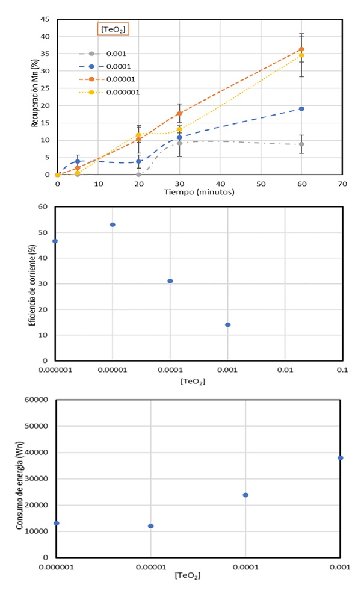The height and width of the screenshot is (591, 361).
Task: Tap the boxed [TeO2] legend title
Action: click(114, 28)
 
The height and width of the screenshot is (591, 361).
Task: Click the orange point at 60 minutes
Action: click(301, 49)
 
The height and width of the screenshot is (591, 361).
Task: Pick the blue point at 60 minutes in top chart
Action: click(301, 109)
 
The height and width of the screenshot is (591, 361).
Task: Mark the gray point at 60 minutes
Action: click(301, 144)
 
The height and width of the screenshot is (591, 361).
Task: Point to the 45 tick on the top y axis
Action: click(45, 19)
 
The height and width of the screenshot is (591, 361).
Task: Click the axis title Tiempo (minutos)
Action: click(199, 192)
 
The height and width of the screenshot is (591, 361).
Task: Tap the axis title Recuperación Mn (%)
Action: click(35, 97)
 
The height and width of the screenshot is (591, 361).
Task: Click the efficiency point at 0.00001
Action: click(113, 224)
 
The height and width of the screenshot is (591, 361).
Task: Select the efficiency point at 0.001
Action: click(227, 325)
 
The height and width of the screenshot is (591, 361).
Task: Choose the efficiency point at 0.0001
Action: click(170, 281)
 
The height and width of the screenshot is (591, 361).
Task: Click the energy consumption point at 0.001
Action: click(341, 458)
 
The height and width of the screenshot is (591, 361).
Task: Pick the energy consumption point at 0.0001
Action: click(245, 495)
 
